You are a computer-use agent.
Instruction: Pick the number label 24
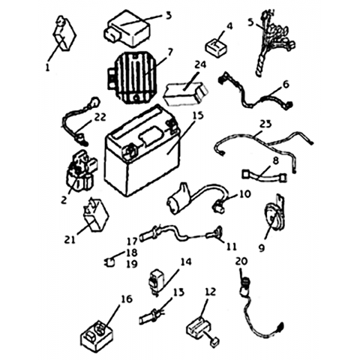(200, 64)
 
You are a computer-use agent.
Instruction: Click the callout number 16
(127, 299)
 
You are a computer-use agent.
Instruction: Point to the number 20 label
(241, 262)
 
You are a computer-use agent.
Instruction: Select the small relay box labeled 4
(215, 47)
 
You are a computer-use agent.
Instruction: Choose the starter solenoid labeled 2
(80, 172)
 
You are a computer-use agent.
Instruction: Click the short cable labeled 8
(265, 175)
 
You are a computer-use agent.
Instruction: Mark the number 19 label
(132, 264)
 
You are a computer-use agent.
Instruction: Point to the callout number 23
(265, 124)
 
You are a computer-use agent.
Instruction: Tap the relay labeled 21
(95, 214)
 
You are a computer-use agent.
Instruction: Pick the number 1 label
(47, 67)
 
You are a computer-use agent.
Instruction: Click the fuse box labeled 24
(186, 93)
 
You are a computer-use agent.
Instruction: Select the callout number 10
(244, 193)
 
